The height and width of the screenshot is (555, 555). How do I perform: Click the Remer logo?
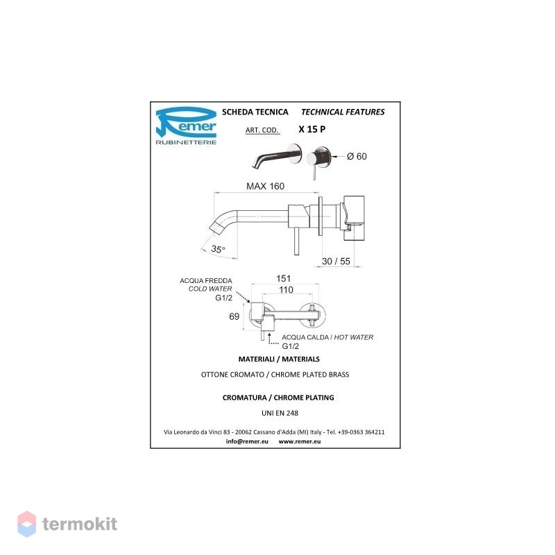click(x=186, y=126)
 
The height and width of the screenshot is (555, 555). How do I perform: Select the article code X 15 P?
click(x=311, y=129)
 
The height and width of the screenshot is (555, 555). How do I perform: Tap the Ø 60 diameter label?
click(x=357, y=156)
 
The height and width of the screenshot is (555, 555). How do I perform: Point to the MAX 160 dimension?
click(x=265, y=186)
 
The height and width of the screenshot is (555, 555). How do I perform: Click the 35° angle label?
click(x=218, y=249)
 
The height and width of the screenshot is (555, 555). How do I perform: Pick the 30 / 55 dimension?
click(x=336, y=262)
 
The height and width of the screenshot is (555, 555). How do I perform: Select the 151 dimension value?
click(x=284, y=279)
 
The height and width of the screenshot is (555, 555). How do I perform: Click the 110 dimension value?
click(x=286, y=290)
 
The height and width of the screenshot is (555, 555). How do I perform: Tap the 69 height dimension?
click(x=234, y=316)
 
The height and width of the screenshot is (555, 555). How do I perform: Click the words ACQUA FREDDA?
click(x=206, y=281)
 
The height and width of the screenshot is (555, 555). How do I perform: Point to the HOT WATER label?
click(x=354, y=337)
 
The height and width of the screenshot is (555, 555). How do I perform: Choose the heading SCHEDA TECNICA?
click(x=255, y=112)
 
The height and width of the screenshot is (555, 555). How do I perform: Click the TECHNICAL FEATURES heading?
click(x=343, y=112)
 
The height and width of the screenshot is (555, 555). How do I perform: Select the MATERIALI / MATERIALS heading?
click(x=279, y=359)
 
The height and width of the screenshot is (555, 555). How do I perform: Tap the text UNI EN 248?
click(x=280, y=413)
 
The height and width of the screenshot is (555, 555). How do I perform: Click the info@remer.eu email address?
click(x=247, y=441)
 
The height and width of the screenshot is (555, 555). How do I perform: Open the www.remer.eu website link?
click(x=300, y=441)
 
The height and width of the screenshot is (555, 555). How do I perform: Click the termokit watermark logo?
click(x=67, y=524)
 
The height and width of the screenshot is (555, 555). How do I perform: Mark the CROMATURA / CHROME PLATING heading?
click(x=278, y=398)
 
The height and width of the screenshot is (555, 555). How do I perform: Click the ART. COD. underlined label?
click(x=262, y=130)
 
